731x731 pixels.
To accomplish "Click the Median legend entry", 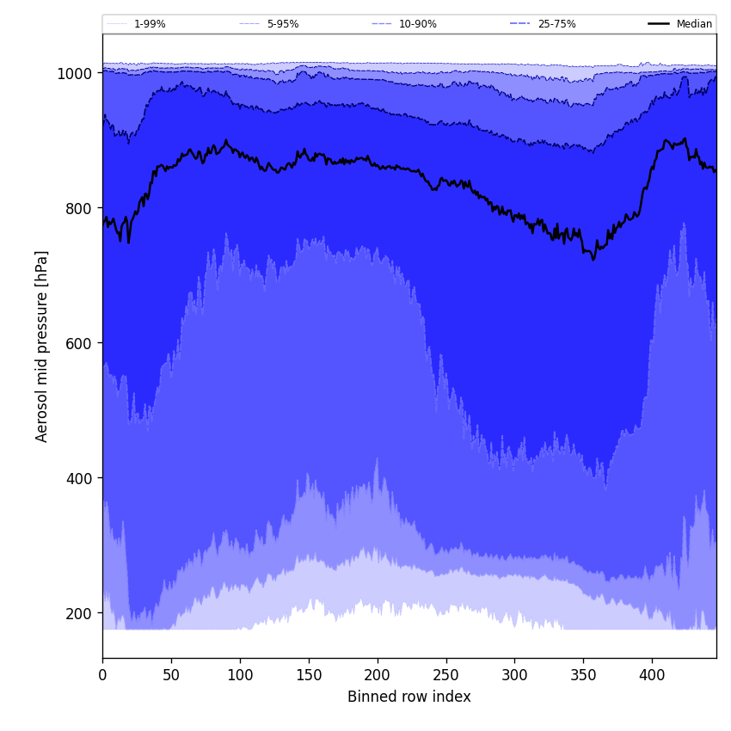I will pos(693,24).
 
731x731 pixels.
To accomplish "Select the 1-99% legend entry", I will pos(150,24).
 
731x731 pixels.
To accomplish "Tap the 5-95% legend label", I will pos(283,24).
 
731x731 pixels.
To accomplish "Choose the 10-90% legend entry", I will pos(418,24).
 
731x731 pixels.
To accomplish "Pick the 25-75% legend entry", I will pos(556,24).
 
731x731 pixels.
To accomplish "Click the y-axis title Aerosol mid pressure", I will pos(42,346).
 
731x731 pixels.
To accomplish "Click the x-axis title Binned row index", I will pos(408,697).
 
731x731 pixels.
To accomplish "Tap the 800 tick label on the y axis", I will pos(77,208).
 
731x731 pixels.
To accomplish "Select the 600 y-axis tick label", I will pos(77,343).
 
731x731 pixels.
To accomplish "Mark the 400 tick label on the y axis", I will pos(77,478).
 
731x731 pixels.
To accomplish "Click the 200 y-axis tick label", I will pos(77,613).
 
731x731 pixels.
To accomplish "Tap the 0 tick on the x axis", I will pos(102,675).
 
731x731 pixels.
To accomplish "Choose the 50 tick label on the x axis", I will pos(171,675).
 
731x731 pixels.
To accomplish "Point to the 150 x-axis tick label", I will pos(309,675).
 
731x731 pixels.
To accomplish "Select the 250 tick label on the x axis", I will pos(445,675).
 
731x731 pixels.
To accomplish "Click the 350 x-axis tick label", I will pos(583,675).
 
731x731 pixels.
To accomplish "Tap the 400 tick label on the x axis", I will pos(652,675).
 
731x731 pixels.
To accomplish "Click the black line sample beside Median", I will pos(660,24).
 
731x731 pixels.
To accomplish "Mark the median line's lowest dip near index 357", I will pos(593,258).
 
